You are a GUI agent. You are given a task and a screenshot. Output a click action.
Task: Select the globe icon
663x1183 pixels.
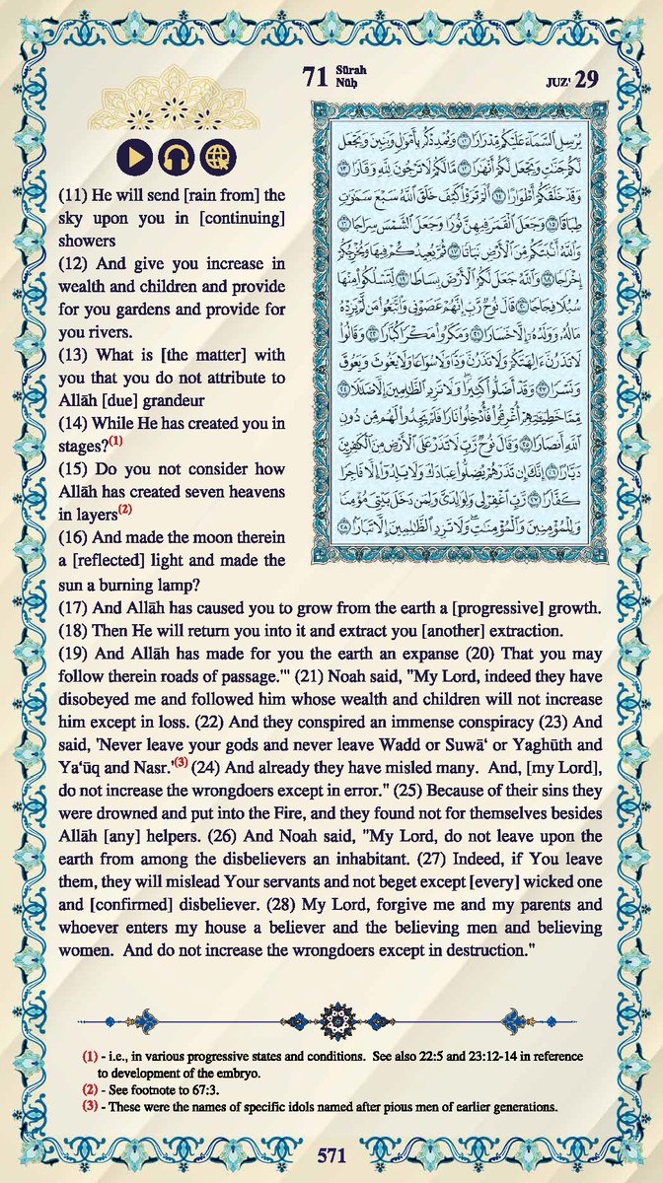point(215,158)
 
